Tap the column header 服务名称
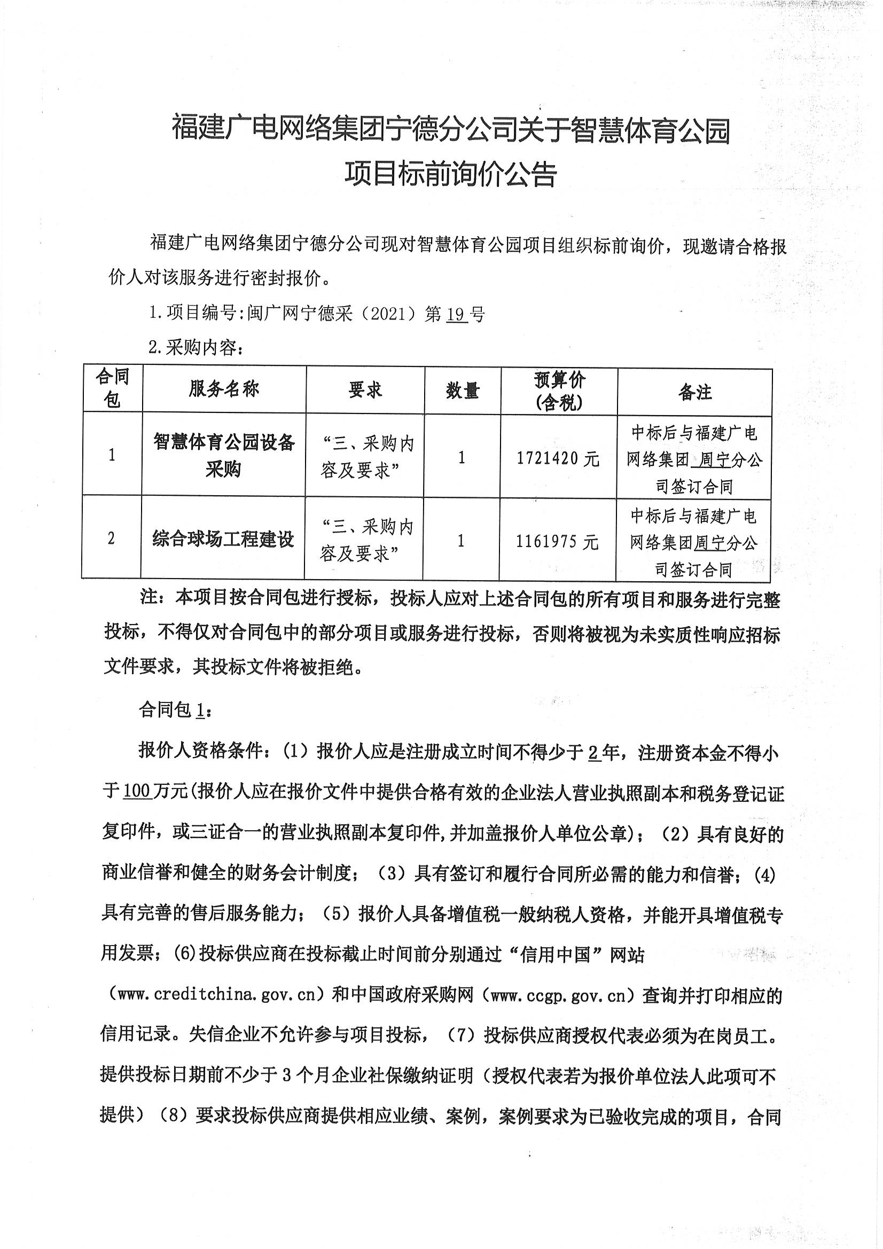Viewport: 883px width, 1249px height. coord(224,389)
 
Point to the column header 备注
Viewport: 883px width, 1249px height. coord(695,392)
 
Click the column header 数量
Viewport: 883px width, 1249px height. coord(463,391)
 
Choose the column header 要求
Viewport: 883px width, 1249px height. coord(365,389)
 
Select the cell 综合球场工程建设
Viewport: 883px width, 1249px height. coord(223,540)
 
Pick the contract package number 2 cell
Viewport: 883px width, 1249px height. coord(112,538)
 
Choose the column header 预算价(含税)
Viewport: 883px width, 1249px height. coord(559,391)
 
